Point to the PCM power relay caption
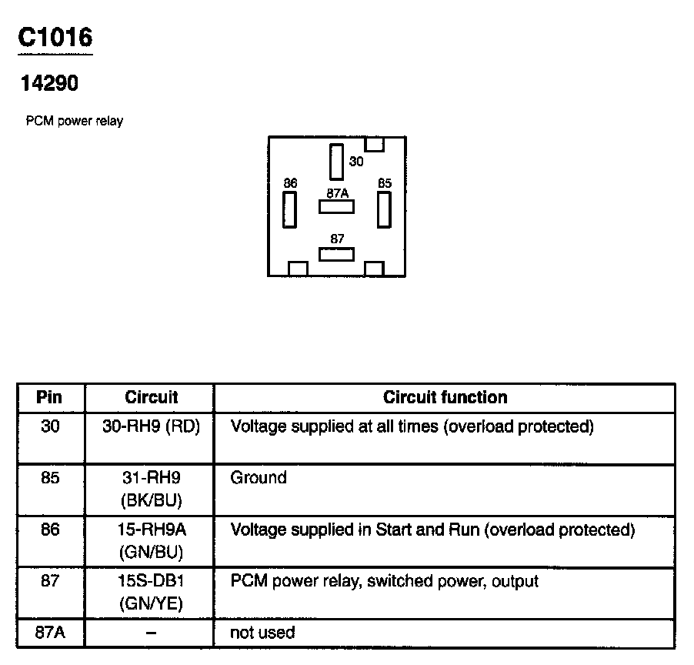click(74, 121)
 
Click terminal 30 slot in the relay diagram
click(336, 162)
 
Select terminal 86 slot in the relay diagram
click(289, 209)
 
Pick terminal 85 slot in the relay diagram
click(384, 209)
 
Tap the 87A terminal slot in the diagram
click(336, 206)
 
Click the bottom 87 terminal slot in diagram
click(336, 254)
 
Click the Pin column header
click(50, 398)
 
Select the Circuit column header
click(151, 398)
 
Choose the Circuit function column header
click(445, 398)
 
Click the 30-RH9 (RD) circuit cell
click(151, 427)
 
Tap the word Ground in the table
click(259, 478)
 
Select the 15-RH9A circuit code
click(151, 530)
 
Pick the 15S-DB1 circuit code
click(151, 581)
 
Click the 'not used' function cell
click(262, 633)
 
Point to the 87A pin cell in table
click(50, 633)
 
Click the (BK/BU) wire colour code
click(151, 500)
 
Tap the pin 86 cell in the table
click(50, 530)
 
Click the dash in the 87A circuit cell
click(151, 633)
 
